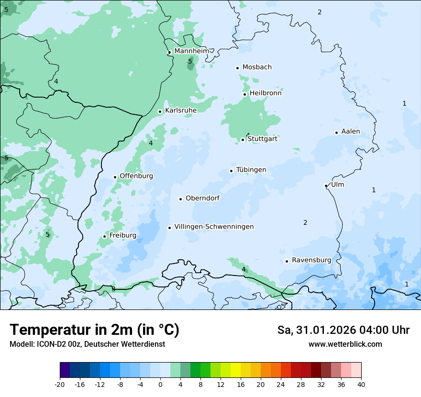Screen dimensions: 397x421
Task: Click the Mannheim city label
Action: click(191, 51)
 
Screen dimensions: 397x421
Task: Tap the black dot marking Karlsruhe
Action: click(160, 111)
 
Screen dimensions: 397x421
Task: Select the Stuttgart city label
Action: click(262, 139)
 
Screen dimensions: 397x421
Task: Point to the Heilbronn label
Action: click(266, 93)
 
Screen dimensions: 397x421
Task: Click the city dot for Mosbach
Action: click(237, 68)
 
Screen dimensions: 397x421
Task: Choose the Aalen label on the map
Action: click(351, 132)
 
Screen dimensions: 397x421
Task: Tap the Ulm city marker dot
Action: click(326, 186)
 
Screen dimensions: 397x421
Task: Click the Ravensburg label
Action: click(311, 260)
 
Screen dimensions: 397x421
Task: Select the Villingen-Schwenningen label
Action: click(214, 227)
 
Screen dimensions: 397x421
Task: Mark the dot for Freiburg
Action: click(104, 236)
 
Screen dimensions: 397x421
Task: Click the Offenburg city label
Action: click(136, 176)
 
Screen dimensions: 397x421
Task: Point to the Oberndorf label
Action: click(202, 198)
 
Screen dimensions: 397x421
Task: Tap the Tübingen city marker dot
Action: click(231, 171)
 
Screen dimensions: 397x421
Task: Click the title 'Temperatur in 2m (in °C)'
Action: click(94, 330)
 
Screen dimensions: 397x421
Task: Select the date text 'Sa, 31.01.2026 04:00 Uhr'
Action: click(343, 330)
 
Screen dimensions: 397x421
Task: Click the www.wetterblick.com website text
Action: click(345, 344)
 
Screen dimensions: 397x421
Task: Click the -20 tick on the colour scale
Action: click(60, 385)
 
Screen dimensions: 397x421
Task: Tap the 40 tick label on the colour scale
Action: click(361, 385)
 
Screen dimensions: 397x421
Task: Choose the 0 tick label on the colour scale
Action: click(160, 385)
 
